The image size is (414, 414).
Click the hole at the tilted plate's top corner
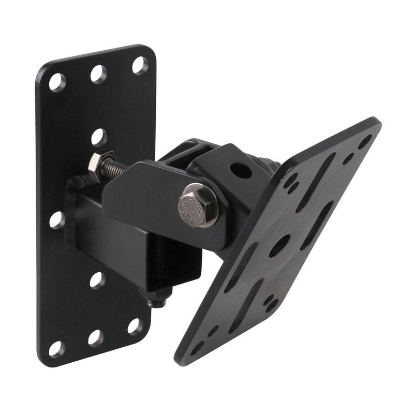point(365,141)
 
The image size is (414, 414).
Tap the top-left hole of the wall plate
point(56,82)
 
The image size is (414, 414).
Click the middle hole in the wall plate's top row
point(98,73)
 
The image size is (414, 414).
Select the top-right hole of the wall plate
point(140,65)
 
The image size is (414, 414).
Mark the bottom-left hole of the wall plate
point(56,348)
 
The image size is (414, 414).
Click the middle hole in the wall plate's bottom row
point(95,337)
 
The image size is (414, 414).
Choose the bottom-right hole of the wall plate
point(135,326)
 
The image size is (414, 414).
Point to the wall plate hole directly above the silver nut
point(98,137)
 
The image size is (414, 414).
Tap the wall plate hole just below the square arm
point(96,279)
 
